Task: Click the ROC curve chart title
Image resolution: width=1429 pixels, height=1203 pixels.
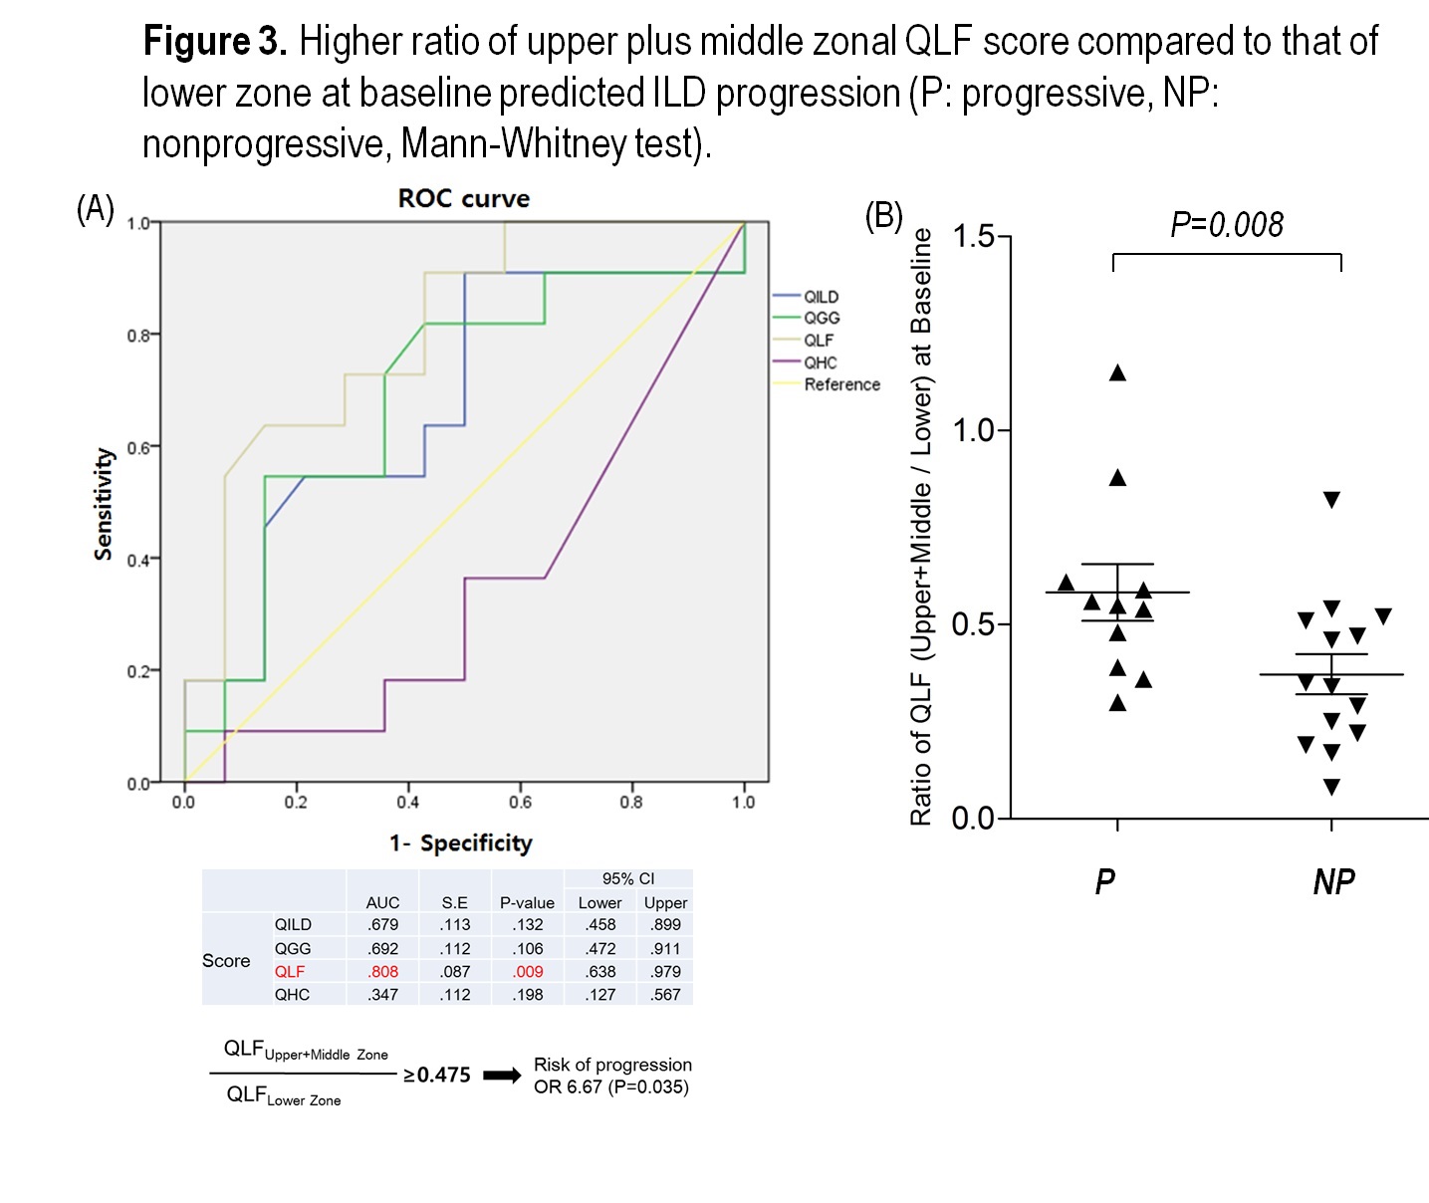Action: [463, 198]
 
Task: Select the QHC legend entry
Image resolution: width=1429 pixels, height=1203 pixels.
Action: [821, 362]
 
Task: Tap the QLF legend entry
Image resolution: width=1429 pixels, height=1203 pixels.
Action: [819, 340]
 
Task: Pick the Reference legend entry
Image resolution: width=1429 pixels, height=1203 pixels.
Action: [841, 384]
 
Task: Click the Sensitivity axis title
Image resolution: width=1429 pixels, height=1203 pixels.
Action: [103, 503]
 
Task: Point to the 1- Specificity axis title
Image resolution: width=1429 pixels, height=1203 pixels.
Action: [461, 843]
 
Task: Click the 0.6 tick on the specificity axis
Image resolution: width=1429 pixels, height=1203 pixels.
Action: [520, 802]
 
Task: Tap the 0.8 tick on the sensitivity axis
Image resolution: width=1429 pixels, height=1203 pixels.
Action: [138, 336]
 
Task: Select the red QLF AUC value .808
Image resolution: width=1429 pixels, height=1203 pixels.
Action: [382, 972]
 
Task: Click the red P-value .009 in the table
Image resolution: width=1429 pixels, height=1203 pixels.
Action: [528, 972]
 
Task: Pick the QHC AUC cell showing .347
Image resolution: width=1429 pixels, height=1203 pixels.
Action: [382, 995]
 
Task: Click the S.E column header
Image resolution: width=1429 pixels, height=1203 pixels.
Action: [455, 903]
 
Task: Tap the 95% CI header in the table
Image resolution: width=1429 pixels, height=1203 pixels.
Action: [628, 878]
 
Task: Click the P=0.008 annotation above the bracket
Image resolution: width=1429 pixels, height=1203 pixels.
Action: [1227, 225]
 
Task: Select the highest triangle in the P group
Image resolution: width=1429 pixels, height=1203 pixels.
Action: [1117, 373]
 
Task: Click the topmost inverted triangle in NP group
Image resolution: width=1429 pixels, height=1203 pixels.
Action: [1331, 500]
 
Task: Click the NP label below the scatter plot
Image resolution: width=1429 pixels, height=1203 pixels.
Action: [1333, 882]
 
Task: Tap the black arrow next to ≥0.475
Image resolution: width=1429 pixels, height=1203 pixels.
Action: [502, 1076]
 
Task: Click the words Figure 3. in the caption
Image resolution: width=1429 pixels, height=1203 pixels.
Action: [215, 42]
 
